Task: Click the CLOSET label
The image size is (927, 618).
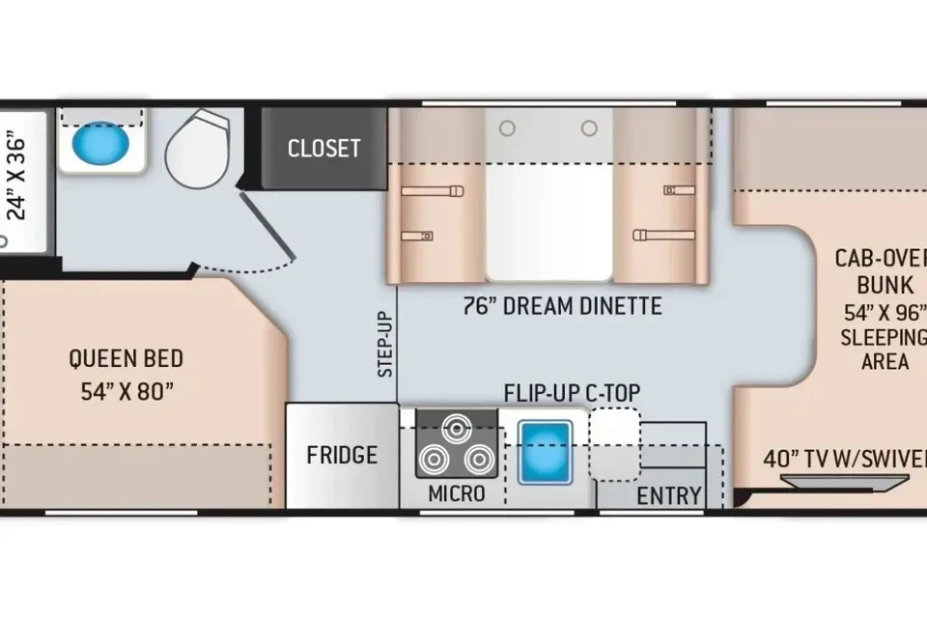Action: (x=324, y=149)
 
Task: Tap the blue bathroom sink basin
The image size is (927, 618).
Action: (x=100, y=144)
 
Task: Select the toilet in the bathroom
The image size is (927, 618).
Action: (x=197, y=149)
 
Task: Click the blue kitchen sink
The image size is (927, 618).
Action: (x=545, y=453)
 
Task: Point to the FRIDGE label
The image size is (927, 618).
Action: (x=342, y=455)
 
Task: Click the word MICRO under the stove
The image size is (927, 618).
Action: (x=457, y=493)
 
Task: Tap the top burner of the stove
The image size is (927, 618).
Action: (x=457, y=429)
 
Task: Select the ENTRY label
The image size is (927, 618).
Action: (x=669, y=495)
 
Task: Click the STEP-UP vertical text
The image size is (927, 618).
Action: (x=385, y=344)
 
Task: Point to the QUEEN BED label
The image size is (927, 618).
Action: (x=126, y=358)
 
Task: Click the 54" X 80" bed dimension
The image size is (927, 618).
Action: (x=127, y=391)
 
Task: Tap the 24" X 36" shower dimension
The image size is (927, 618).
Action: (x=16, y=179)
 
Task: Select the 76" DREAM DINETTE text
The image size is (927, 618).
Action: (x=562, y=306)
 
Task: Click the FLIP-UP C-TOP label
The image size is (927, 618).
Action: (x=573, y=393)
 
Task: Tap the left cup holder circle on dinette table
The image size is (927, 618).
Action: (x=507, y=127)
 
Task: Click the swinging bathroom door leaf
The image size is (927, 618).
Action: (x=267, y=225)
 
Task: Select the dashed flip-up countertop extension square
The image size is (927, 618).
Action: (x=615, y=443)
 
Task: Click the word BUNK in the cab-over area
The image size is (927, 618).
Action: (x=885, y=285)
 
